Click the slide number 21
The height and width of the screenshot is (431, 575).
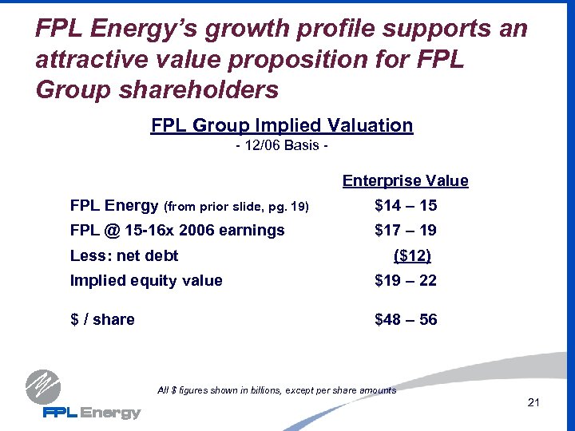[534, 402]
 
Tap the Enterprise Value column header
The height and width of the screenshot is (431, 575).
[405, 181]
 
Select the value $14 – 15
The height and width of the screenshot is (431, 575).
[406, 206]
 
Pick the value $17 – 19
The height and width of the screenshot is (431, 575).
[406, 231]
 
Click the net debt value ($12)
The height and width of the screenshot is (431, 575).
[412, 255]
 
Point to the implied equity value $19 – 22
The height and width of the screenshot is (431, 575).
[406, 280]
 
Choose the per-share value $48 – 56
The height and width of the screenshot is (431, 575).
[406, 320]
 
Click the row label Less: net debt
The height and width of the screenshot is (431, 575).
[124, 255]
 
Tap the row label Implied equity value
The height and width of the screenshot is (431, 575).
[146, 280]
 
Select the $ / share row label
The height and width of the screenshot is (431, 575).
[102, 320]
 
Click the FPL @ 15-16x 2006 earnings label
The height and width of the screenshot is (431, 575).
[177, 231]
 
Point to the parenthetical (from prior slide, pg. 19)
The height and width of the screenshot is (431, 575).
[236, 207]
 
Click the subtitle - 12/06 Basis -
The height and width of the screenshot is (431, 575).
[282, 148]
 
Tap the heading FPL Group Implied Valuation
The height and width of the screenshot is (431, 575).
[282, 125]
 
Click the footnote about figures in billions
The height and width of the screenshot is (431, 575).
[277, 390]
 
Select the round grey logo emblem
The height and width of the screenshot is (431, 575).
[42, 387]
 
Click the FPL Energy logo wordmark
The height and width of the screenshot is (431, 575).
[91, 413]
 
